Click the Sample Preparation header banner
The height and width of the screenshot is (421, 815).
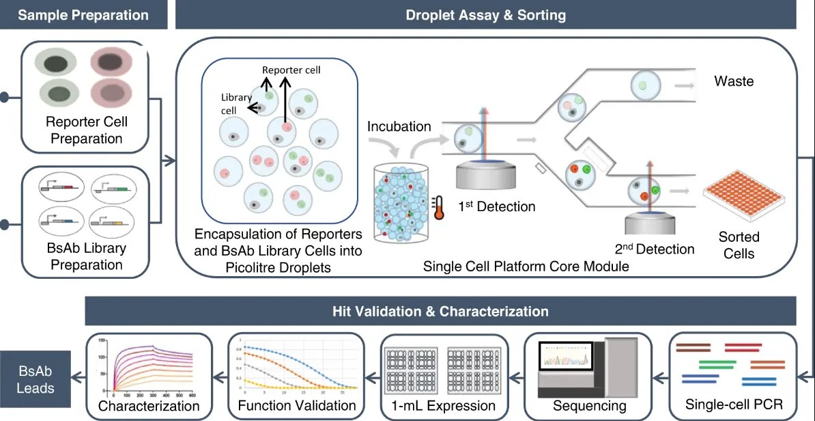pos(83,14)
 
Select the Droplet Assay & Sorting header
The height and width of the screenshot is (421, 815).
pos(485,14)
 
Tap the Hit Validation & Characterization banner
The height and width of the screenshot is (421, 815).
pos(440,311)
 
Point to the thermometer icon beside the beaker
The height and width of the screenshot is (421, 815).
pos(438,207)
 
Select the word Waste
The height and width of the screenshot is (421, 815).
pos(734,81)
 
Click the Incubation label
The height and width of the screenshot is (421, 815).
pos(399,126)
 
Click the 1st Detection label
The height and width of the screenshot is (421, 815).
pos(496,206)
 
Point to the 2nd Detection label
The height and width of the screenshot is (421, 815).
pos(655,249)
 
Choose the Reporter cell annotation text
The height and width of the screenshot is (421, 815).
pos(291,70)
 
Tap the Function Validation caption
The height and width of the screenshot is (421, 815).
pos(297,405)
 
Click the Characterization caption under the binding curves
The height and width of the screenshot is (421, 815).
pos(149,406)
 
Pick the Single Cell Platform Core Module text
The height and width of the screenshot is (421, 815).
pos(526,267)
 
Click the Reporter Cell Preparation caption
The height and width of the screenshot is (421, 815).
pos(86,131)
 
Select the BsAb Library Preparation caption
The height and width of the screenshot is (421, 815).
pos(86,256)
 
